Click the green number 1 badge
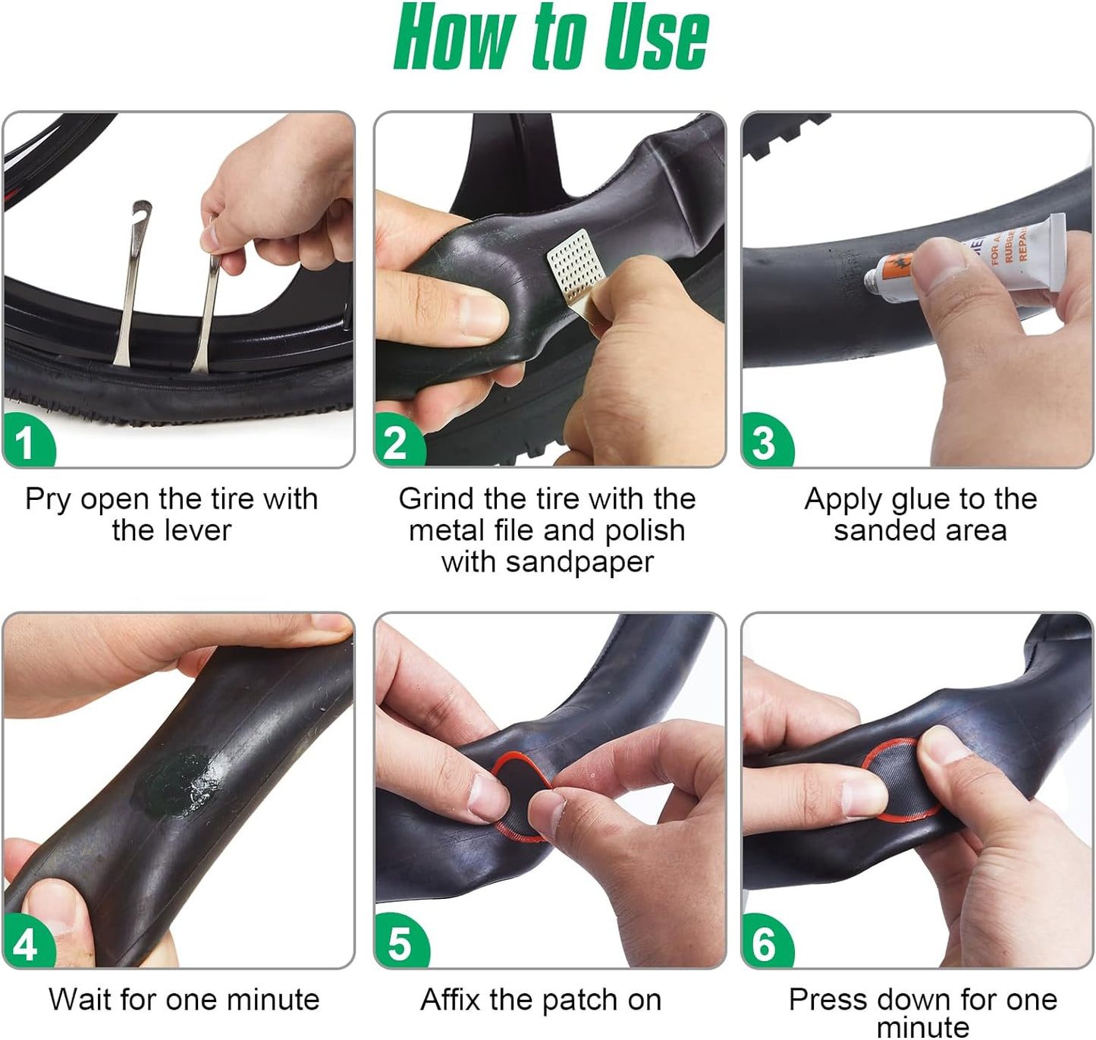point(28,441)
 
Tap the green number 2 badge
point(399,441)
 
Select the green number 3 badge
point(767,441)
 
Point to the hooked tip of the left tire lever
point(141,209)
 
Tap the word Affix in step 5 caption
point(451,999)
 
